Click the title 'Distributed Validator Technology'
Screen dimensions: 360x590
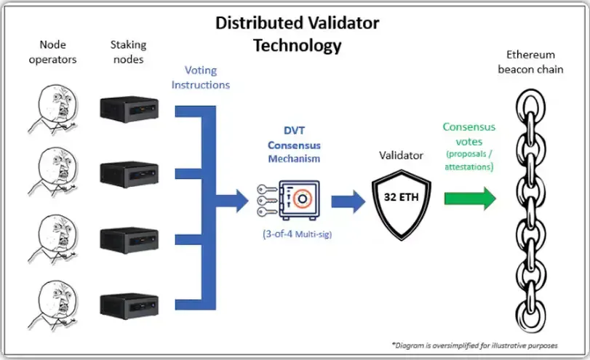pyautogui.click(x=297, y=33)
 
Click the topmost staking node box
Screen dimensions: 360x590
pyautogui.click(x=129, y=107)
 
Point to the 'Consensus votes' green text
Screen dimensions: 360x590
pyautogui.click(x=469, y=134)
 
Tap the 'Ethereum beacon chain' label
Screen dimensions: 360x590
pyautogui.click(x=530, y=62)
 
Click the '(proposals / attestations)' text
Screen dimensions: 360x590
pyautogui.click(x=469, y=159)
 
